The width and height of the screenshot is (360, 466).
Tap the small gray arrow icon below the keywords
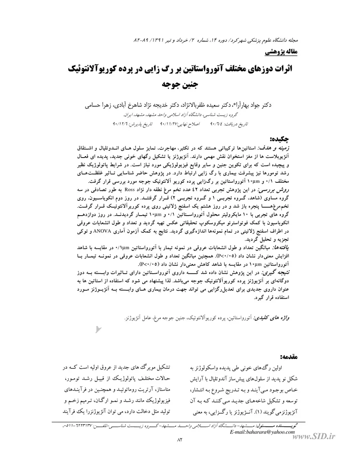99,330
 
